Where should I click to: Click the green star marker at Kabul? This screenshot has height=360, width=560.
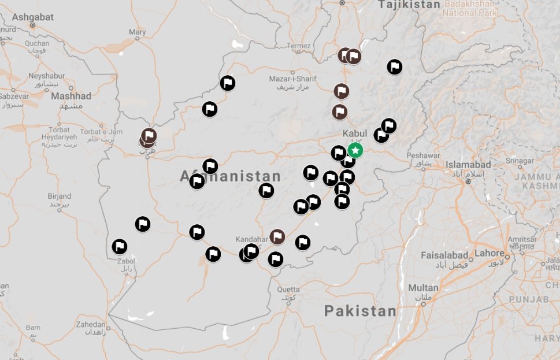355,151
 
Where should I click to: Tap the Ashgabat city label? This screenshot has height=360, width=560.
32,17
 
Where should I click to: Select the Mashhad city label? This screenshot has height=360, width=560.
71,96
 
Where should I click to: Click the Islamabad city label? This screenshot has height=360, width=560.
468,165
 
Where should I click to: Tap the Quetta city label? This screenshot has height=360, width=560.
288,290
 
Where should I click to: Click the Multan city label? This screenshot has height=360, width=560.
423,287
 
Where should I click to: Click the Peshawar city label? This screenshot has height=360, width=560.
423,155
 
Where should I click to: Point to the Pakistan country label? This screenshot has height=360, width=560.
360,311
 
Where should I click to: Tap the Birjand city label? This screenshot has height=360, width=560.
60,196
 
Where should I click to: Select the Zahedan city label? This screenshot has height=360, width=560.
91,324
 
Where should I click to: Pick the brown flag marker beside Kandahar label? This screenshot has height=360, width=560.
278,236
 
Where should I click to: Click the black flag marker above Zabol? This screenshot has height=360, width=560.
120,247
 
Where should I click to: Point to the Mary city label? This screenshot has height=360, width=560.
138,32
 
